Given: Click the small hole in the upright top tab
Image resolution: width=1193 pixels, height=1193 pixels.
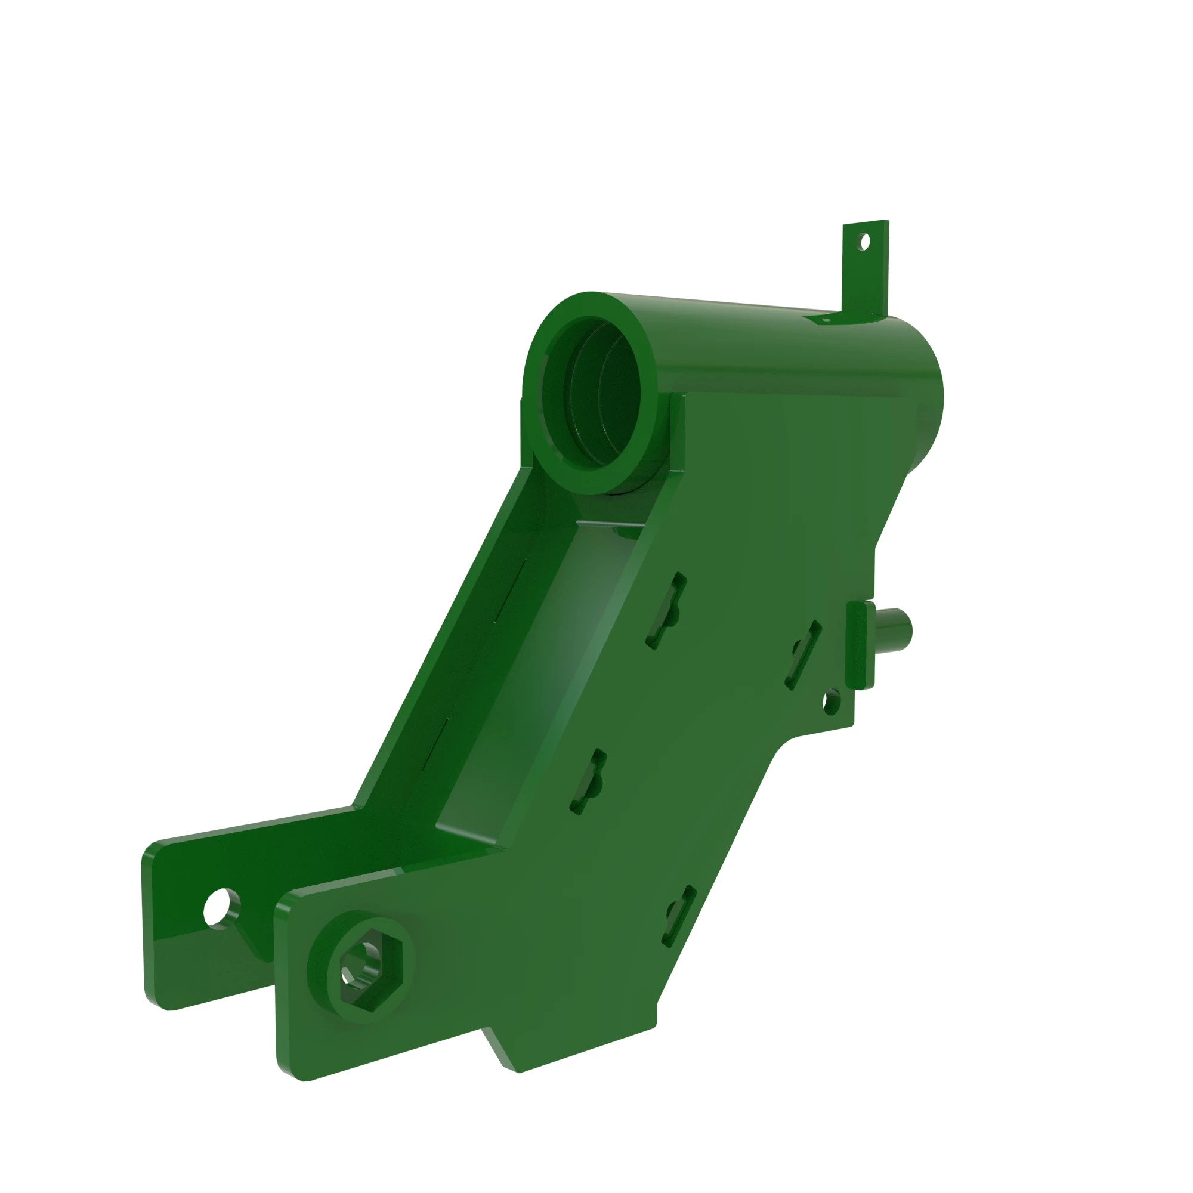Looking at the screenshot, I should point(864,242).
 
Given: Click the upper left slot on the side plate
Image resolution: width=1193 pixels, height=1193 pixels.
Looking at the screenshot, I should point(666,611).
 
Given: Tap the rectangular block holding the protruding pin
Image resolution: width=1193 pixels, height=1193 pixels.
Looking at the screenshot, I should point(861,646).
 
